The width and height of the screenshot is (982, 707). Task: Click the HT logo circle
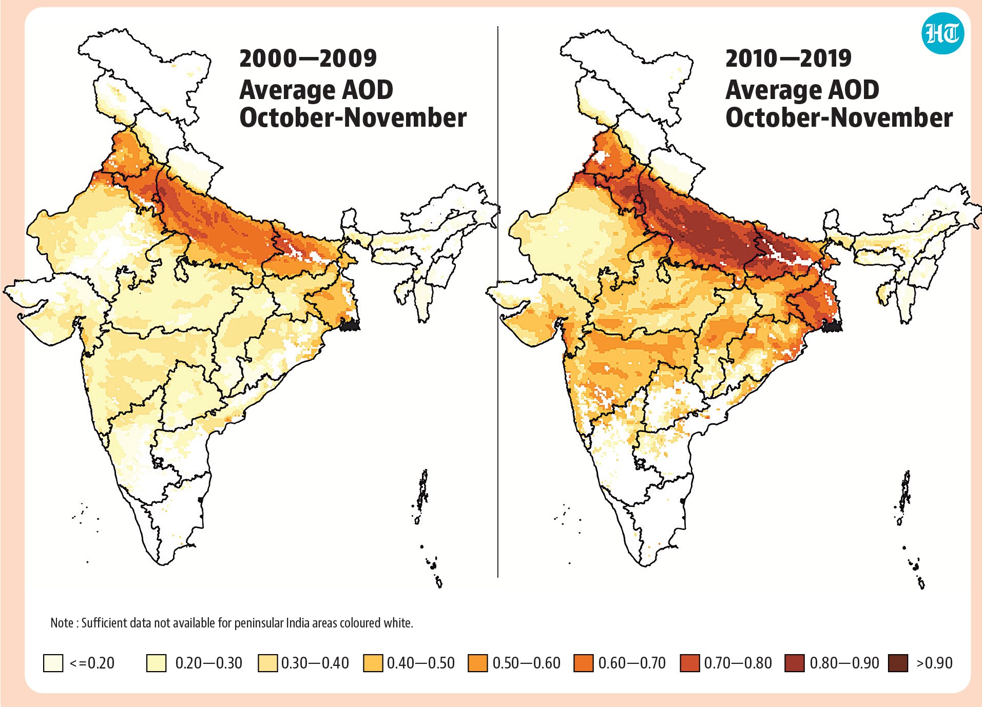[x=943, y=33]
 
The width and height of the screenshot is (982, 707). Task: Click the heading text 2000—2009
[x=308, y=58]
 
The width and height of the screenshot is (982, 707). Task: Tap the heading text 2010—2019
[x=788, y=58]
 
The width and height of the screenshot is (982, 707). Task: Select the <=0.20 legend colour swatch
[x=53, y=663]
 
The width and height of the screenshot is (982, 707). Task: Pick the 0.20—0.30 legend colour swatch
[x=157, y=663]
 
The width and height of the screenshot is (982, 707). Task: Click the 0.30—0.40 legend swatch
[x=267, y=663]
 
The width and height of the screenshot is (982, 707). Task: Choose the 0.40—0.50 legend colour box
[x=373, y=663]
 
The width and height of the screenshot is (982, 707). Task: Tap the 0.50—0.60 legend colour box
[x=478, y=663]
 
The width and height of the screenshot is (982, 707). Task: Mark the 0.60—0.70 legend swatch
[x=584, y=663]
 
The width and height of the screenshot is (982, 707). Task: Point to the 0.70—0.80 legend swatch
[x=690, y=663]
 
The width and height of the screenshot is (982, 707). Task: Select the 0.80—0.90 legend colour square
[x=795, y=663]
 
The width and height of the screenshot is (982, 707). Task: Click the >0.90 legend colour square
[x=898, y=663]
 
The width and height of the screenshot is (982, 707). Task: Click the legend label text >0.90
[x=934, y=663]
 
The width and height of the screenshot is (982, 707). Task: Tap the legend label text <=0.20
[x=92, y=663]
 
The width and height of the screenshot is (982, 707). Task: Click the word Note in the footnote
[x=62, y=623]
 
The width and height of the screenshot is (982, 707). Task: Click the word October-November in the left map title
[x=353, y=117]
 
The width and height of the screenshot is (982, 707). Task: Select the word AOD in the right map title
[x=854, y=90]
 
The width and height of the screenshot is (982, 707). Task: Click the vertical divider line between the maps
[x=498, y=302]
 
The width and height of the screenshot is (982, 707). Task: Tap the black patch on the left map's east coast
[x=350, y=324]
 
